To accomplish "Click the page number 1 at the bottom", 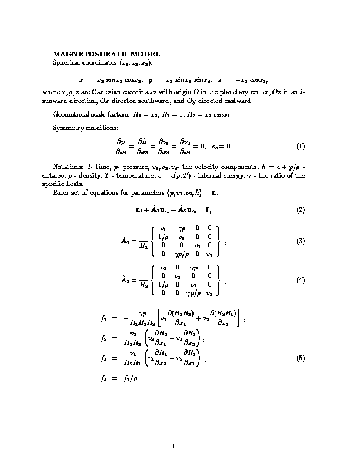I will pyautogui.click(x=174, y=446).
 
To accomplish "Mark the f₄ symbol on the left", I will pyautogui.click(x=105, y=379).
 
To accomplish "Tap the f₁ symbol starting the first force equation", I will pyautogui.click(x=105, y=319).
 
